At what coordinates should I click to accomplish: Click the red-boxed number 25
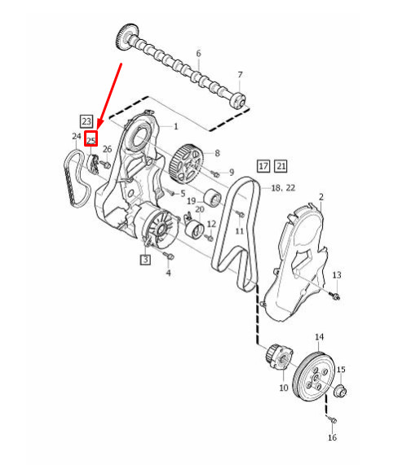(x=91, y=140)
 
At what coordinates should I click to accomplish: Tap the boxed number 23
(x=86, y=119)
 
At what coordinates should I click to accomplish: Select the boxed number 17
(x=263, y=166)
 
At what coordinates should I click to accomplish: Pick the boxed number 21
(x=281, y=166)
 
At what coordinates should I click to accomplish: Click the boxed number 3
(x=145, y=261)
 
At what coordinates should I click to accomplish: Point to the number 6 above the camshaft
(x=197, y=54)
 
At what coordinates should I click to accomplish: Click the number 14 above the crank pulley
(x=319, y=337)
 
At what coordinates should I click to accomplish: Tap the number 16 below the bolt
(x=332, y=438)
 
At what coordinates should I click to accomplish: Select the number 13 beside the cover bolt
(x=336, y=275)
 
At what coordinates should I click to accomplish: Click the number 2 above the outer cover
(x=321, y=197)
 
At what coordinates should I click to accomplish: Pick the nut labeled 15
(x=340, y=392)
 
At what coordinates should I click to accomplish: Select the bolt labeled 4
(x=166, y=257)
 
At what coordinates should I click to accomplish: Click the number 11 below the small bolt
(x=240, y=231)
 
